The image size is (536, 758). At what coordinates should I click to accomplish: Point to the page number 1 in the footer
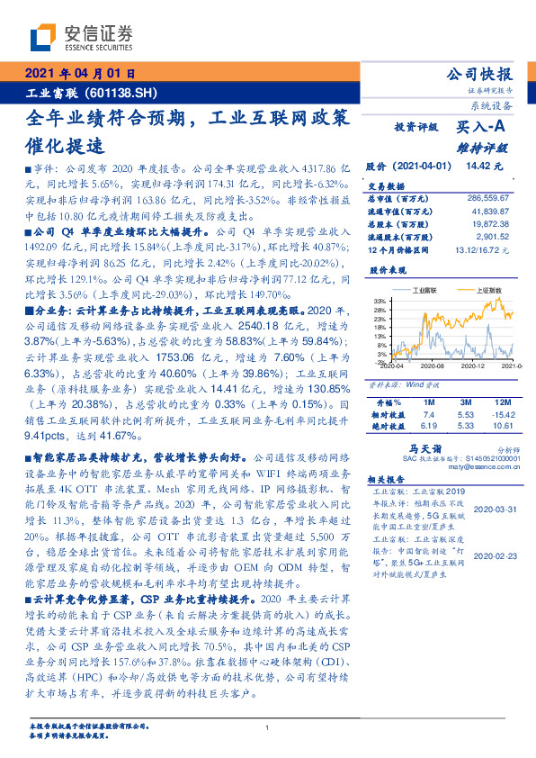coord(268,727)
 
